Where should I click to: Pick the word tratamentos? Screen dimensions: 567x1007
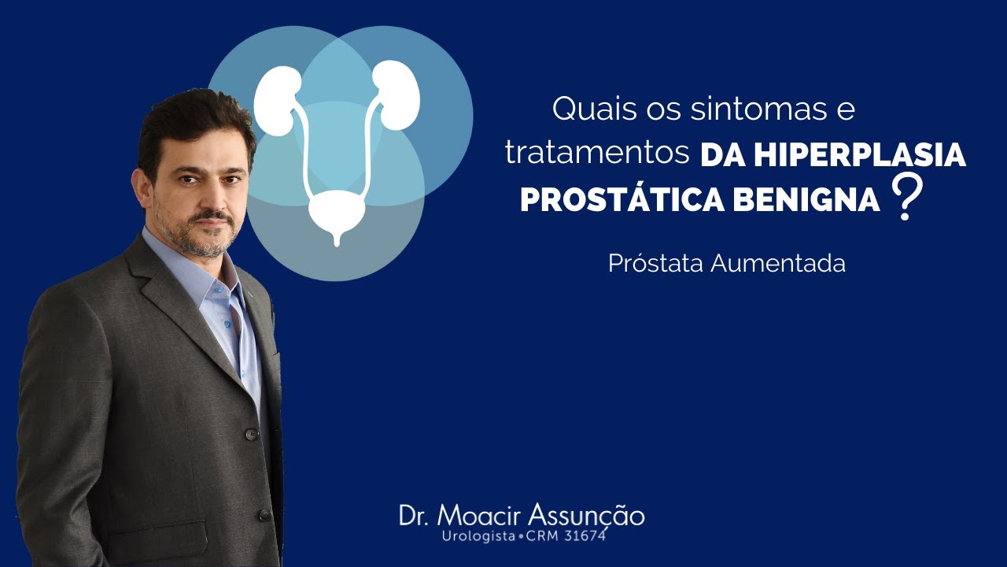(597, 154)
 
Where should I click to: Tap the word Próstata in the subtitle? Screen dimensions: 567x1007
(655, 263)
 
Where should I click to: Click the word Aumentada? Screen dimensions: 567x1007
(778, 263)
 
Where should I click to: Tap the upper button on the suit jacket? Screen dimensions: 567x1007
(251, 434)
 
